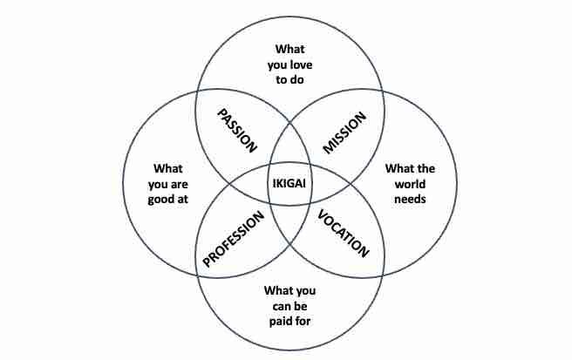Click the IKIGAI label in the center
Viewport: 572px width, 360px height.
[x=289, y=182]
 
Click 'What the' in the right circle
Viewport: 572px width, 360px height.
[x=409, y=168]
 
